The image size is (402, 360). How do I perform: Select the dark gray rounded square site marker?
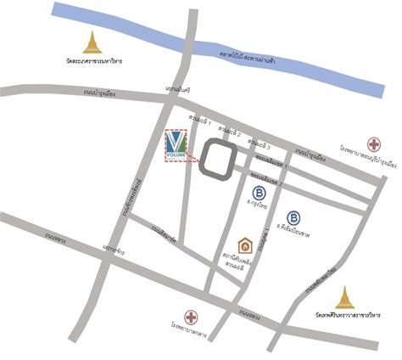pos(218,160)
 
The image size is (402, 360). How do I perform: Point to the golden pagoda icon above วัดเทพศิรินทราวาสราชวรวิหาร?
pos(343,298)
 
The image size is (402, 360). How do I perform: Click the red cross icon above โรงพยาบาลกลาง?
pos(192,318)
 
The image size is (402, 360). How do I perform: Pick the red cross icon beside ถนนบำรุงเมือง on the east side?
pos(372,143)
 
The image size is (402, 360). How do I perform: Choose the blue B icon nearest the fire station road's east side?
pos(293,217)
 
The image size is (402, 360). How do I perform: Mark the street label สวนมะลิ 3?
pos(260,143)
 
